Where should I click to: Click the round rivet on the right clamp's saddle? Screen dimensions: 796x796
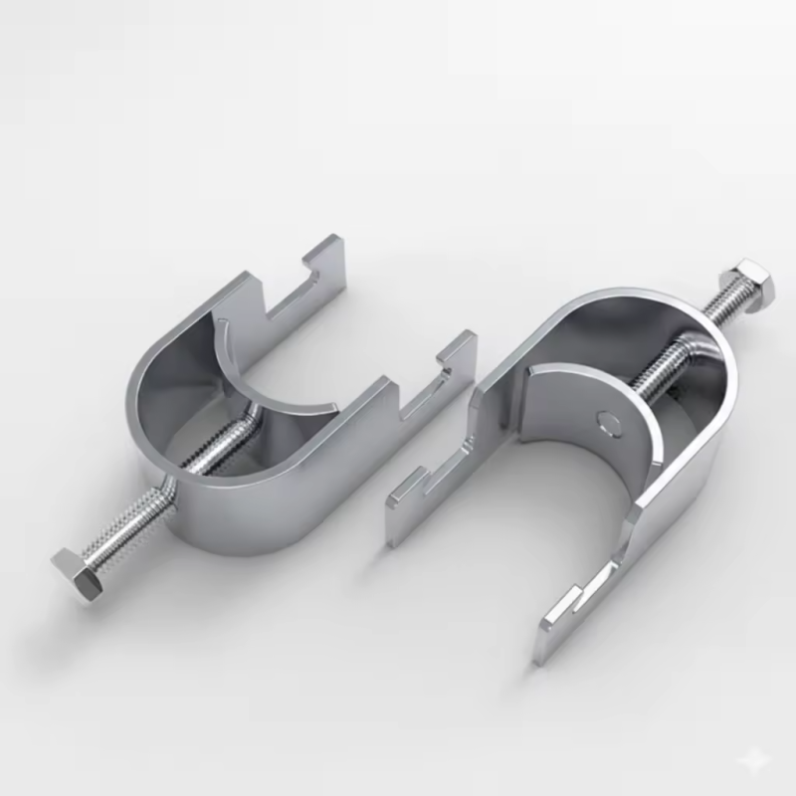608,420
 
